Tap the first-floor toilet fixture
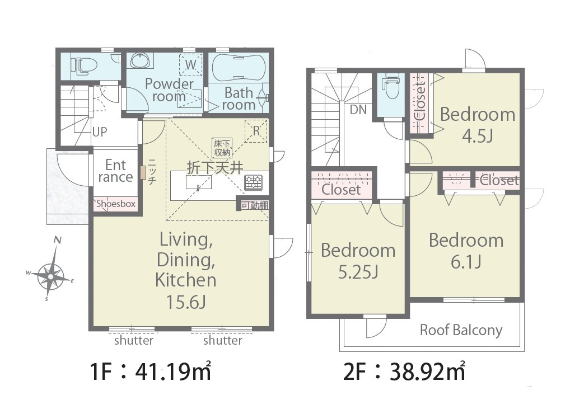85,66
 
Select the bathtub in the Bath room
239,67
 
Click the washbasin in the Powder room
142,60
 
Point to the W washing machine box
191,65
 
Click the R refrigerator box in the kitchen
256,131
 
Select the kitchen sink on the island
199,182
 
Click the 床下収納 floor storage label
222,148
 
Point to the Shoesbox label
116,204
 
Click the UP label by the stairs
100,131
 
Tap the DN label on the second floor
358,110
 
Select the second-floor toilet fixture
390,86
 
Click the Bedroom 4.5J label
478,125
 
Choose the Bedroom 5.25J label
358,261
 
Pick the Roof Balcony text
461,330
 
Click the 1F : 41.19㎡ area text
151,372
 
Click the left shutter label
134,341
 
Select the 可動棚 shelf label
255,205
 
